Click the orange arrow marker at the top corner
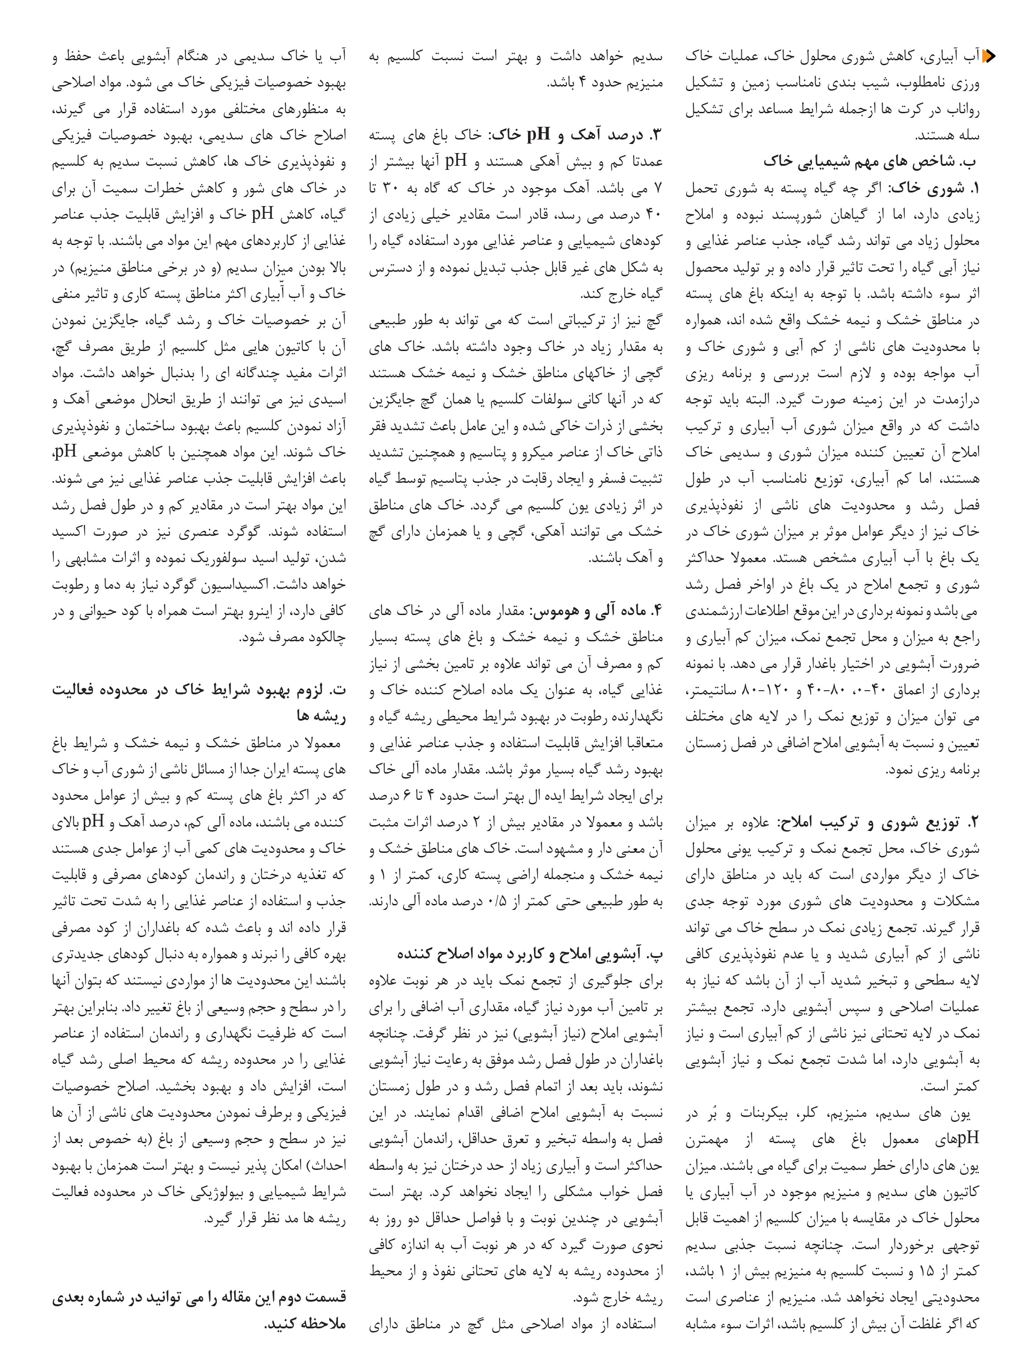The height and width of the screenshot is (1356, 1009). click(x=988, y=57)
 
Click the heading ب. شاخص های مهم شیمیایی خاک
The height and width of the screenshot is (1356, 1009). click(x=870, y=162)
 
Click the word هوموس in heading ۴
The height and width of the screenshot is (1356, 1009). click(x=553, y=611)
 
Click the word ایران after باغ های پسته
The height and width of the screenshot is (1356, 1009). click(x=264, y=771)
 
